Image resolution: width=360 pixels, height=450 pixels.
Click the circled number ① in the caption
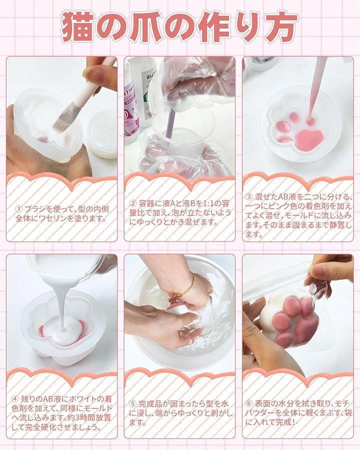pos(19,209)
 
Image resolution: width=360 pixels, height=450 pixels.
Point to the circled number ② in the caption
pos(132,203)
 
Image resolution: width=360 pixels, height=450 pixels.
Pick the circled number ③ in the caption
pos(249,197)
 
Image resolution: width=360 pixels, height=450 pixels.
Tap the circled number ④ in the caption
pos(14,399)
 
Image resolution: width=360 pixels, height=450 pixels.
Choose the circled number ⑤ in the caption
pos(132,404)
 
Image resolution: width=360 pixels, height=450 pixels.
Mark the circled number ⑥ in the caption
pos(249,404)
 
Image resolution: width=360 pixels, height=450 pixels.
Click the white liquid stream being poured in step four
pos(62,304)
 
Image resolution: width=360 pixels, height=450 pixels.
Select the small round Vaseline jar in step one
pos(102,133)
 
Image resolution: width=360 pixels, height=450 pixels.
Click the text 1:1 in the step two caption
pos(205,204)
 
